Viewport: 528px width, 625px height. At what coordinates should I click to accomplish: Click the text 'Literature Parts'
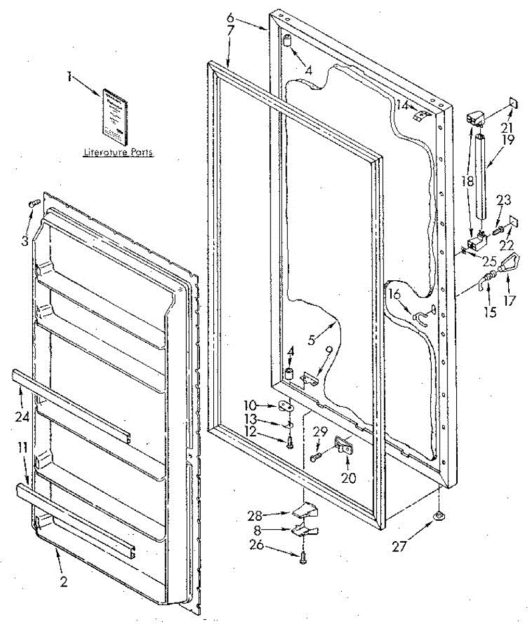pyautogui.click(x=119, y=153)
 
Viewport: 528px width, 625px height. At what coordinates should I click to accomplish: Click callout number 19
pyautogui.click(x=508, y=139)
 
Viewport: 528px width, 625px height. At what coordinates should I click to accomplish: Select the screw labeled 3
pyautogui.click(x=34, y=204)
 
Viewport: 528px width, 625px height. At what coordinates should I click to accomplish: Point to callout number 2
pyautogui.click(x=63, y=582)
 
